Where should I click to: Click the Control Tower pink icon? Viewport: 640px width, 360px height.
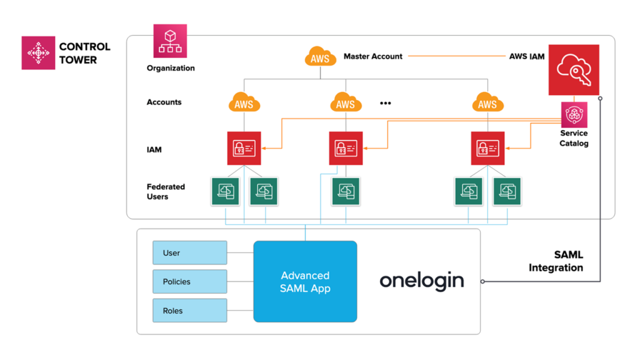[38, 52]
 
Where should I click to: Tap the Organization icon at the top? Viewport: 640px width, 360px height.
[170, 41]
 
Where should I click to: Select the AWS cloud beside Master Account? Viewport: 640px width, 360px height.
[320, 57]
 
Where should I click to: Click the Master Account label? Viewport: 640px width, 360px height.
[373, 56]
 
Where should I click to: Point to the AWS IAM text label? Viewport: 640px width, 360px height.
[526, 56]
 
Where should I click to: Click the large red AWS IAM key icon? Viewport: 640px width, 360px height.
[574, 69]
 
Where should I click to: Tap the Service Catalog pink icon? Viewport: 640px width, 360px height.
[574, 114]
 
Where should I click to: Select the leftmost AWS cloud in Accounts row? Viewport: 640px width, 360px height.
[244, 102]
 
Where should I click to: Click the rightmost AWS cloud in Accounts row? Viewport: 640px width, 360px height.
[487, 102]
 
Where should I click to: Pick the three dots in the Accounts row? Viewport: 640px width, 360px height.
[386, 102]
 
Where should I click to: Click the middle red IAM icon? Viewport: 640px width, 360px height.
[345, 148]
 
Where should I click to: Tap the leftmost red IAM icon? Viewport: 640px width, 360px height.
[244, 148]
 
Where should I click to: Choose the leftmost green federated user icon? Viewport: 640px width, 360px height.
[225, 191]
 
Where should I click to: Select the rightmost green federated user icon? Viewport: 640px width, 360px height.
[507, 191]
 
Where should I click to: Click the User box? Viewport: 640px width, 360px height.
[190, 252]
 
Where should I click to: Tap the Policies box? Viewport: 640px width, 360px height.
[190, 281]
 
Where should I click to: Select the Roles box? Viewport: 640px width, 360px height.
[190, 311]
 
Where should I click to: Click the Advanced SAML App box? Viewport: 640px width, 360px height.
[305, 281]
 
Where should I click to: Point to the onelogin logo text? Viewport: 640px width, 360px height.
[422, 281]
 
